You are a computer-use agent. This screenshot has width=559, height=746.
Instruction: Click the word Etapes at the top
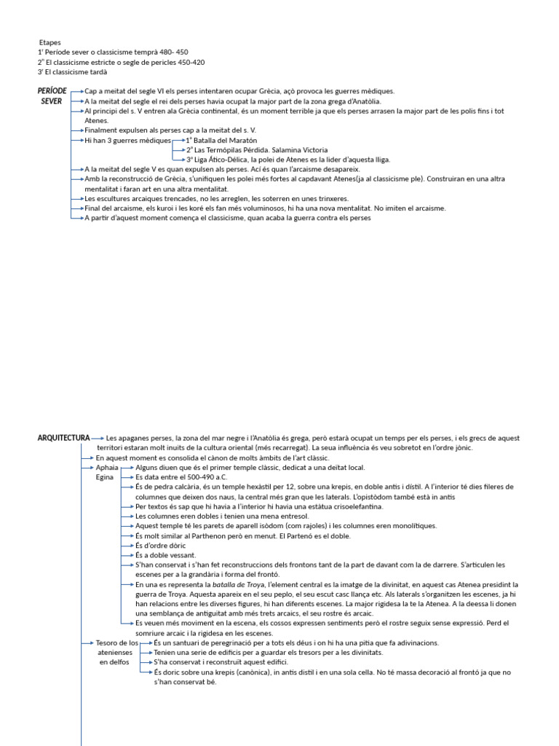(x=49, y=42)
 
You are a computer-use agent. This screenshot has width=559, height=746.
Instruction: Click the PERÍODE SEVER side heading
(x=52, y=95)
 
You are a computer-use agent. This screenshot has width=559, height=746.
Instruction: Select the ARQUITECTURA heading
(x=63, y=438)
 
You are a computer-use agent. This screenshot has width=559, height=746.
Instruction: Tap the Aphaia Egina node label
(x=106, y=472)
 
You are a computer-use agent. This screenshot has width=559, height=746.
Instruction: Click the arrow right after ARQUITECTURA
(x=98, y=438)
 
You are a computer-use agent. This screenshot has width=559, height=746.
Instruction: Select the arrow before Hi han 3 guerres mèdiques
(x=78, y=139)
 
